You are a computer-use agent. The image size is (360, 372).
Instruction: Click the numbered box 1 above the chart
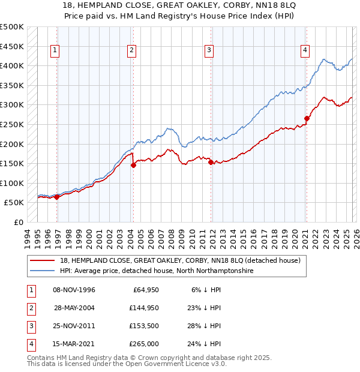55,51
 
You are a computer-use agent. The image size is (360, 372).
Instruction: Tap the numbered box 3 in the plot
209,51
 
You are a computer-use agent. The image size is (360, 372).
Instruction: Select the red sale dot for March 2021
307,119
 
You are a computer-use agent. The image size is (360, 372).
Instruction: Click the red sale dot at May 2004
133,166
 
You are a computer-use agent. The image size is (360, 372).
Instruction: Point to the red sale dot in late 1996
57,197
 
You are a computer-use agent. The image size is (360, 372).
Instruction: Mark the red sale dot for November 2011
211,162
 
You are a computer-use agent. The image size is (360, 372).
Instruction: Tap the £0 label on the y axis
19,222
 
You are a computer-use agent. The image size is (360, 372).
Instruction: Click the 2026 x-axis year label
356,236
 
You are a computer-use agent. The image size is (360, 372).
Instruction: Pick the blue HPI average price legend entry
157,271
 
